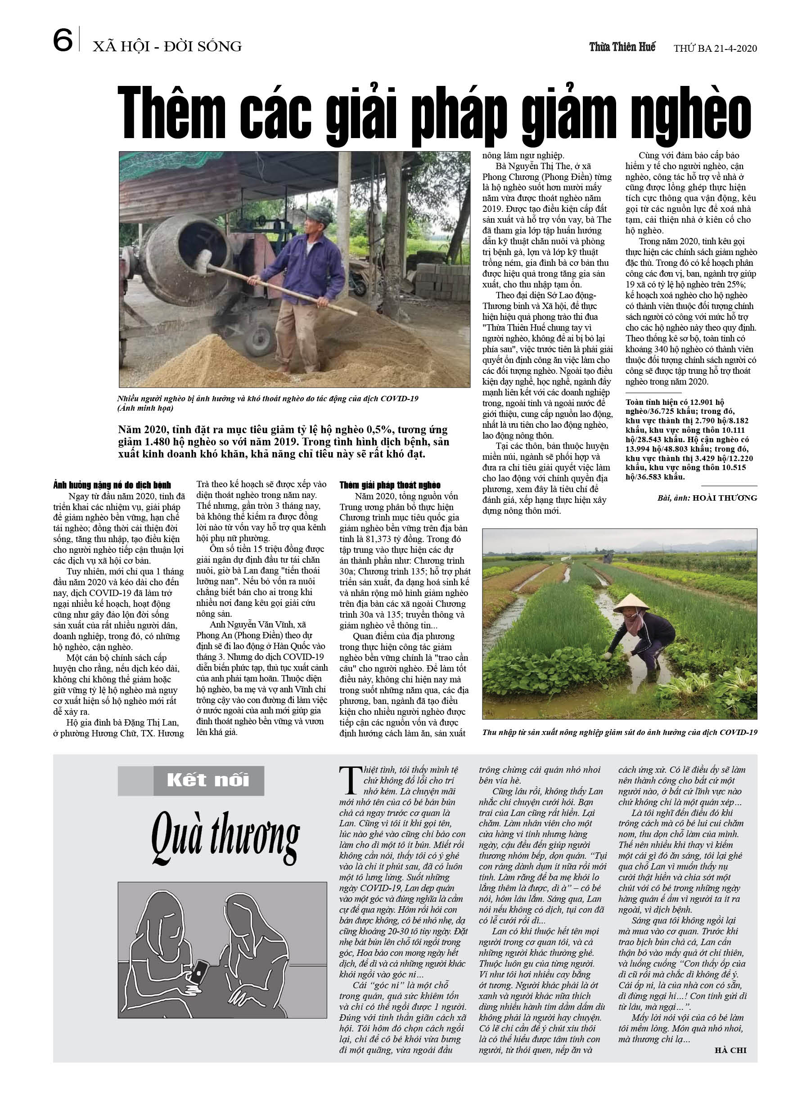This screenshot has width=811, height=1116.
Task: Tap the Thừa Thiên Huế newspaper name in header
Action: pyautogui.click(x=622, y=47)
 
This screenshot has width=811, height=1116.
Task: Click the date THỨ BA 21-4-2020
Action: pyautogui.click(x=715, y=48)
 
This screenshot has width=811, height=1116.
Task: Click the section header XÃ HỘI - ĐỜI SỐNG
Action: pyautogui.click(x=167, y=47)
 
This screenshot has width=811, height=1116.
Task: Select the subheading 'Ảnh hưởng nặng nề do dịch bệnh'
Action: pyautogui.click(x=112, y=485)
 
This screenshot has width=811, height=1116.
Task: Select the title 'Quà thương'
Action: pyautogui.click(x=225, y=839)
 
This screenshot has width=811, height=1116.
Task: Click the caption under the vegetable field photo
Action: pyautogui.click(x=619, y=732)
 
